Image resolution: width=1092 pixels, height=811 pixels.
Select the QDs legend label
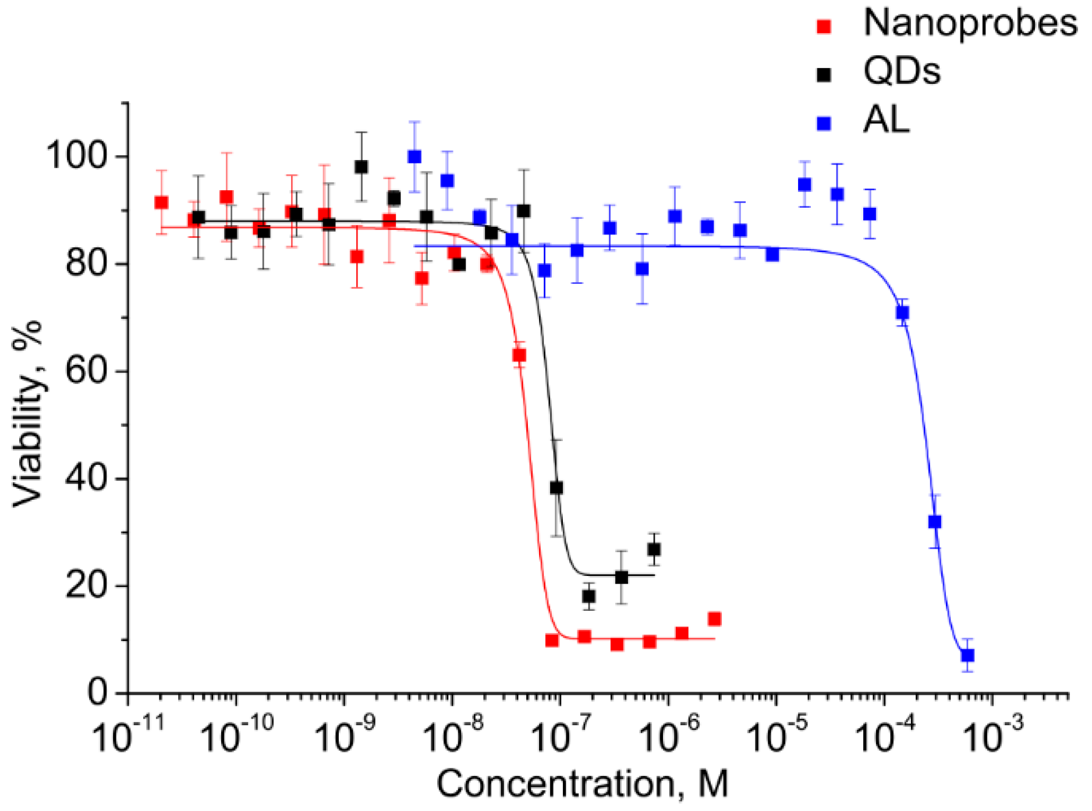pyautogui.click(x=901, y=72)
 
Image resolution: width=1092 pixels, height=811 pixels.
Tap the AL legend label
pyautogui.click(x=886, y=121)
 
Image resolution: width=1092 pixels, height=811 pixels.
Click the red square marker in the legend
pyautogui.click(x=824, y=26)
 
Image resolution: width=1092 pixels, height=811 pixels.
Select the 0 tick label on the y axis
pyautogui.click(x=98, y=692)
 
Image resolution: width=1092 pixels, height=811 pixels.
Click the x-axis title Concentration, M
pyautogui.click(x=582, y=784)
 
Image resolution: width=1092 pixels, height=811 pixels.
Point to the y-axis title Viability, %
pyautogui.click(x=28, y=413)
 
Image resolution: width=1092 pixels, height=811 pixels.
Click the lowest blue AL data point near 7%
pyautogui.click(x=967, y=655)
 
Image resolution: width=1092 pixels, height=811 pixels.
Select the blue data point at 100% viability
pyautogui.click(x=414, y=156)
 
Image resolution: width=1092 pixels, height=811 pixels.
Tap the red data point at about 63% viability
pyautogui.click(x=519, y=355)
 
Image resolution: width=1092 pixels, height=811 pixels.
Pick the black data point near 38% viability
pyautogui.click(x=556, y=488)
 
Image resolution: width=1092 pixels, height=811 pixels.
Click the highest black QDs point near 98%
pyautogui.click(x=361, y=167)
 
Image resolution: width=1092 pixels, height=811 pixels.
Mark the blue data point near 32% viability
pyautogui.click(x=935, y=522)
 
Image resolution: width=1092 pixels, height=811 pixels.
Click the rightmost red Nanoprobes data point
pyautogui.click(x=715, y=619)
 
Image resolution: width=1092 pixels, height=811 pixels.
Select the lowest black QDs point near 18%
pyautogui.click(x=588, y=596)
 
